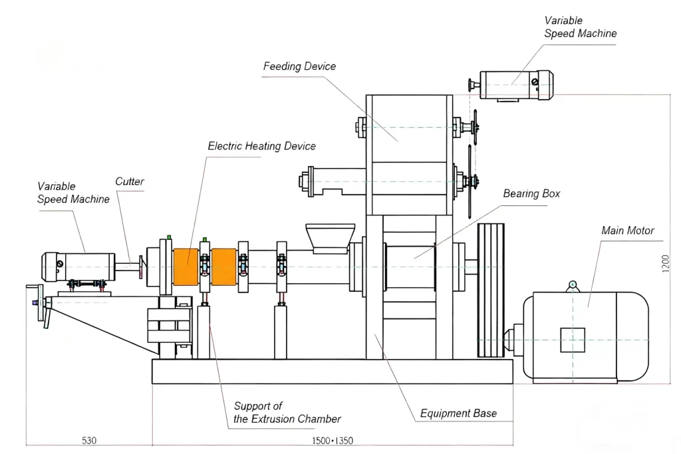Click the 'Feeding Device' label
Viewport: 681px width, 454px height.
pyautogui.click(x=300, y=66)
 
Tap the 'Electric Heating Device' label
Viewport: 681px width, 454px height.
pyautogui.click(x=261, y=146)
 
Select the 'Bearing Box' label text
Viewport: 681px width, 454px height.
pyautogui.click(x=531, y=193)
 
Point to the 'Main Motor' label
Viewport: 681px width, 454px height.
pyautogui.click(x=628, y=231)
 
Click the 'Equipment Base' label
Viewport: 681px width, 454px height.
pyautogui.click(x=458, y=413)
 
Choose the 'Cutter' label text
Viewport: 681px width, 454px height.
pyautogui.click(x=130, y=181)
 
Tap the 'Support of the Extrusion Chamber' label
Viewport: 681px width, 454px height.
pyautogui.click(x=287, y=412)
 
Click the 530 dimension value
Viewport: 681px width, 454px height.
pyautogui.click(x=89, y=441)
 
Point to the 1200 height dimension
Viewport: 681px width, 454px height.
pyautogui.click(x=666, y=264)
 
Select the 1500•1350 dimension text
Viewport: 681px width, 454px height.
pyautogui.click(x=333, y=441)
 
